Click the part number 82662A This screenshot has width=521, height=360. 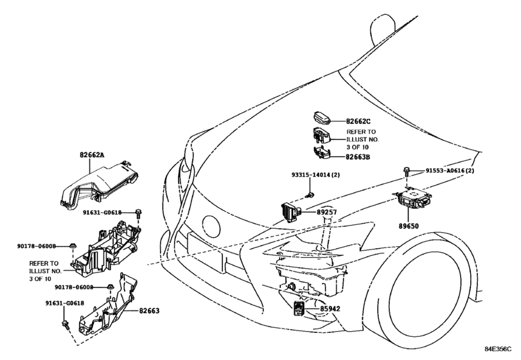pos(92,154)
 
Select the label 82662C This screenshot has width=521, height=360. pos(358,122)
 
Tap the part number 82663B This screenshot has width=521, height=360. pos(358,157)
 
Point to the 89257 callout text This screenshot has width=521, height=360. pos(326,212)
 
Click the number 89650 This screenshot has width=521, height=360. pos(409,226)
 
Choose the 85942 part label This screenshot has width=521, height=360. pos(330,309)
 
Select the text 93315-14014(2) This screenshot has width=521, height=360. pos(315,175)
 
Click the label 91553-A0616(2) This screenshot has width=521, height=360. pos(450,171)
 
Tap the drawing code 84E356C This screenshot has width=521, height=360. pos(498,349)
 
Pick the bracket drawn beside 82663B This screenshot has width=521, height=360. pos(322,153)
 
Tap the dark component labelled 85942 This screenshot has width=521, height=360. pos(298,308)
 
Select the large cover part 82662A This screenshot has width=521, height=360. pos(99,186)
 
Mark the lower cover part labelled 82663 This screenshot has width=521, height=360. pos(107,304)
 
